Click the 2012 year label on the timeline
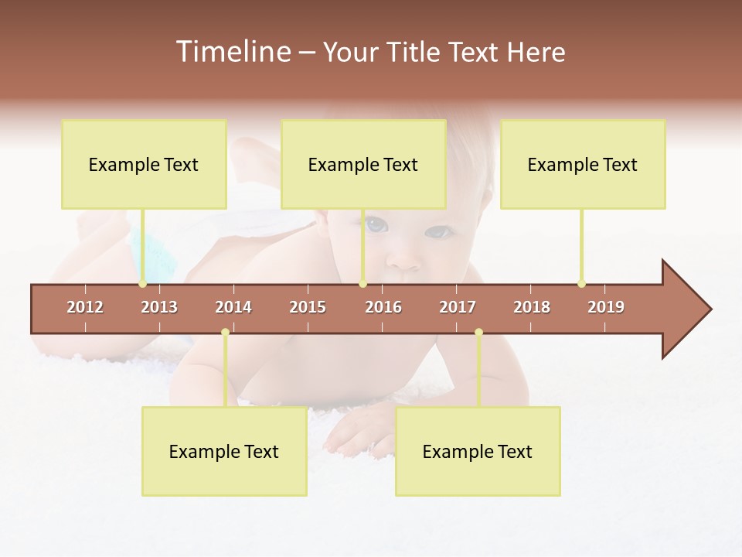pos(85,307)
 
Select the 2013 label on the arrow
pos(159,307)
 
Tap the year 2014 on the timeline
pos(233,307)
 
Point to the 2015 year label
pos(308,307)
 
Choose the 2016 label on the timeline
pos(383,307)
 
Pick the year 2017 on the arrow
pos(458,307)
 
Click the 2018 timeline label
pos(532,307)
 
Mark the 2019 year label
pos(606,307)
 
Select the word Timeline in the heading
pos(233,52)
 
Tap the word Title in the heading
pos(414,52)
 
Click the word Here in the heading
pos(536,52)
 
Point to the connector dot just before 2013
pos(142,284)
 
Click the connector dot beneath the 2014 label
pos(225,333)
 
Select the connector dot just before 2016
pos(362,284)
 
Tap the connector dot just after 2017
pos(478,333)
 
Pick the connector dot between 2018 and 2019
pos(581,284)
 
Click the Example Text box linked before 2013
pos(144,164)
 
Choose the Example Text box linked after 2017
pos(478,451)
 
